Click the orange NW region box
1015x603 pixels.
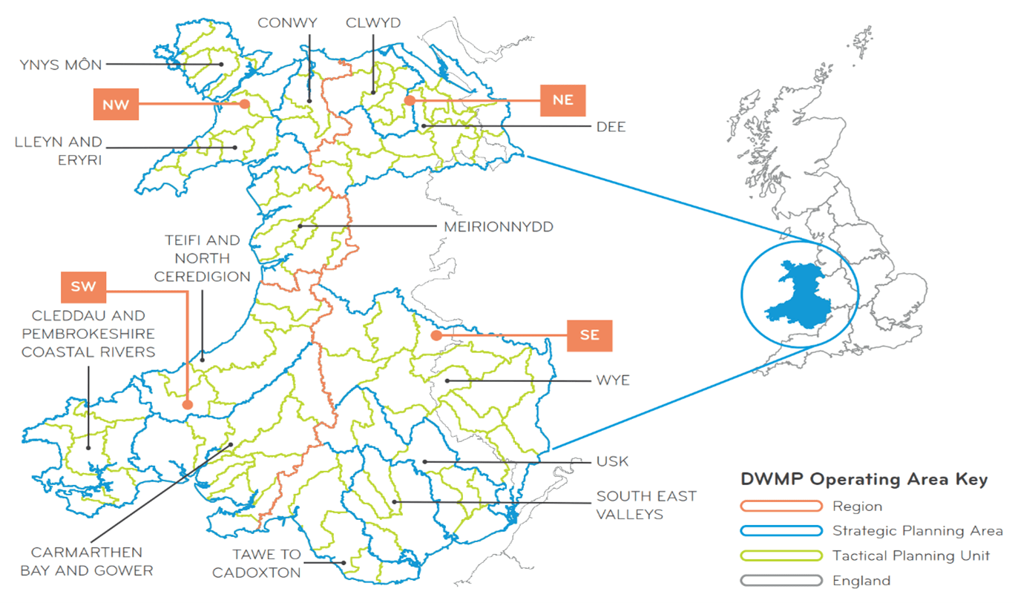[116, 105]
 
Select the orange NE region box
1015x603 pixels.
[563, 100]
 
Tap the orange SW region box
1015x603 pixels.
[85, 287]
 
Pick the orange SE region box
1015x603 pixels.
[590, 335]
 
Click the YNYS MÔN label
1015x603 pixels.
[61, 65]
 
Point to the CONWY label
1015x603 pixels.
[287, 23]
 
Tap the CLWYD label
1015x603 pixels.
[372, 23]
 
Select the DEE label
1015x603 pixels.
[611, 127]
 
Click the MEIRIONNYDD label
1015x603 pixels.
[499, 227]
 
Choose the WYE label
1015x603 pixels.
[613, 381]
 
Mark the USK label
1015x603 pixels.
[612, 461]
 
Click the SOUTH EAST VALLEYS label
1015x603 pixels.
[646, 504]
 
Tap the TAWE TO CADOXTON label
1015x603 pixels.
[256, 563]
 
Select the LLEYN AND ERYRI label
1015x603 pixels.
[59, 151]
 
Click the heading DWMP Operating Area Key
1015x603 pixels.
[864, 480]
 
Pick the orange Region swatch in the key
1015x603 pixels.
[781, 507]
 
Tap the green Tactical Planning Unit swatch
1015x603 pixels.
[781, 556]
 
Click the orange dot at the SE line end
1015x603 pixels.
[436, 335]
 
